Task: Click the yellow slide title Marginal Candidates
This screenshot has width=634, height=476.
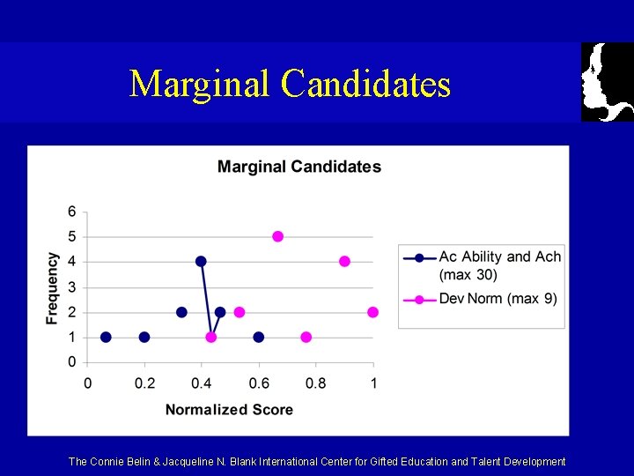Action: pos(290,84)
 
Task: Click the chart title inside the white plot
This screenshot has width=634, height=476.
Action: pos(299,167)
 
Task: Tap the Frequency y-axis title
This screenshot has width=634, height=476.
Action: pos(53,287)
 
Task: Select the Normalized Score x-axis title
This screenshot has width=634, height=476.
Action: pos(229,409)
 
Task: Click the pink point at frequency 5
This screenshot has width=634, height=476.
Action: pos(278,236)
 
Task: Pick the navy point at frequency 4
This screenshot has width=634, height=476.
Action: pos(201,261)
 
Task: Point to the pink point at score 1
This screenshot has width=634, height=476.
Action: pos(372,312)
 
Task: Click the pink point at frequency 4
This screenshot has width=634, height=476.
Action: pos(344,261)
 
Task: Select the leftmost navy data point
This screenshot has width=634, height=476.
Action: pos(106,337)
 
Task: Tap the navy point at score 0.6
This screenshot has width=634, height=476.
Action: pos(258,337)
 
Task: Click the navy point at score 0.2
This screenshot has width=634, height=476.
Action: pos(144,337)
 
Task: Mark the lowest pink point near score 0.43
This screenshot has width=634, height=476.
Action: pos(211,337)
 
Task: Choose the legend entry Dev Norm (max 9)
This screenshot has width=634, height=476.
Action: pos(498,299)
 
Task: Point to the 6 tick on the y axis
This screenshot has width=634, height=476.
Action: pos(71,212)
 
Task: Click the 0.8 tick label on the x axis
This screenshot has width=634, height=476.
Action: pos(316,383)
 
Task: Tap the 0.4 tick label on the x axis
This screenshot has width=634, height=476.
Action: pos(202,383)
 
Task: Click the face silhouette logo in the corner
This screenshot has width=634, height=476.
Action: pos(607,81)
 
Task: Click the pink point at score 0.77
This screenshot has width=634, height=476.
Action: pos(306,337)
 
